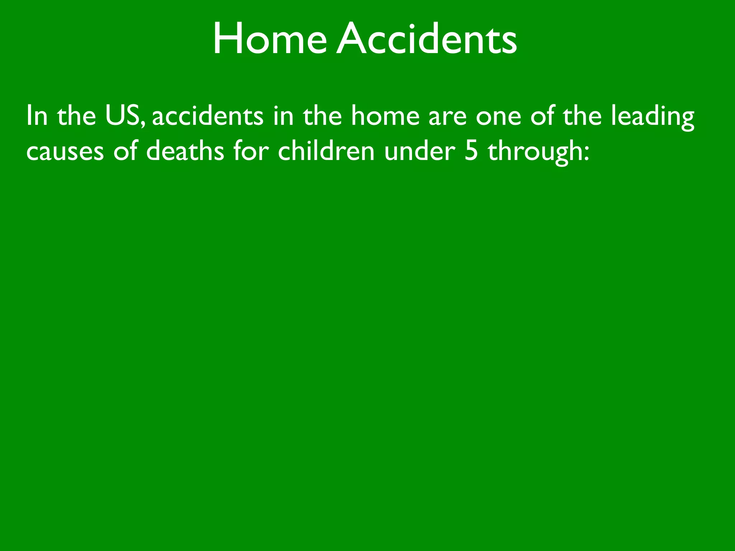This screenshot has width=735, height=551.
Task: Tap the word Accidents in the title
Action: coord(427,39)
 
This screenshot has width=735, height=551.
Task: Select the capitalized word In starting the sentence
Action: coord(37,116)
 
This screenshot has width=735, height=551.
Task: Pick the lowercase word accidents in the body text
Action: coord(207,116)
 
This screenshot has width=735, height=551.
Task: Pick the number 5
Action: coord(471,151)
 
